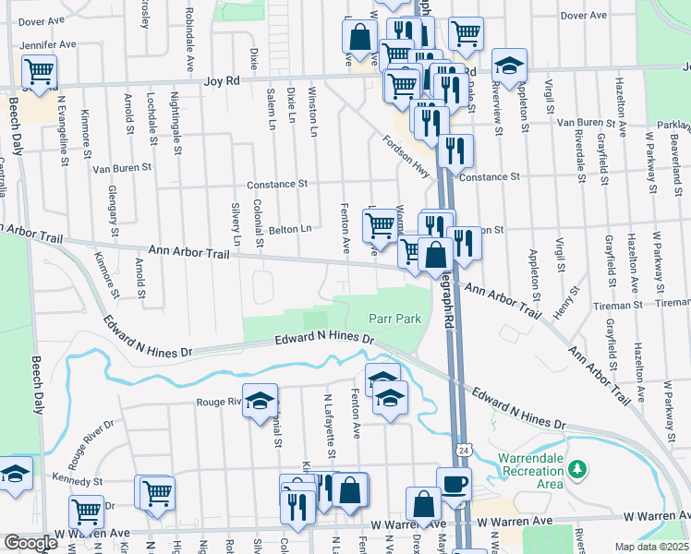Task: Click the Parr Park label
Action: pyautogui.click(x=395, y=319)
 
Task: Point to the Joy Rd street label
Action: pyautogui.click(x=221, y=81)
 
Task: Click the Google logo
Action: pyautogui.click(x=30, y=543)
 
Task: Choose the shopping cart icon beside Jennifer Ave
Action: pyautogui.click(x=40, y=70)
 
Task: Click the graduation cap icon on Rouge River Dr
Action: pyautogui.click(x=261, y=399)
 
